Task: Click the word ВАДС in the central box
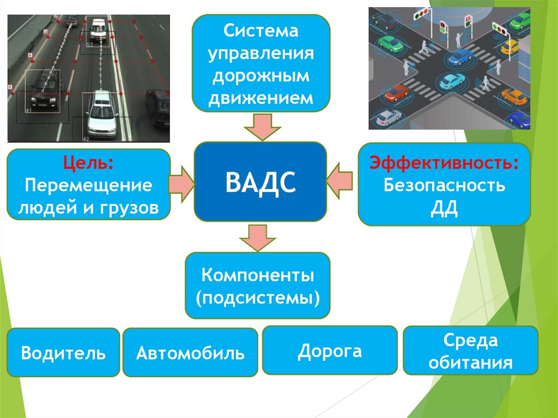click(260, 181)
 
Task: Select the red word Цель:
click(88, 163)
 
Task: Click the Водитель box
click(63, 353)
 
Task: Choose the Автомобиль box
click(190, 353)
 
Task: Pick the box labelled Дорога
click(330, 350)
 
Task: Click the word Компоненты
click(258, 275)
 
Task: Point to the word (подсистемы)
click(258, 298)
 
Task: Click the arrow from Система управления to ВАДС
click(262, 126)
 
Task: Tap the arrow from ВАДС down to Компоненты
click(258, 237)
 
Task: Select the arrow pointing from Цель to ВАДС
click(181, 182)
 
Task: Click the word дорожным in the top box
click(261, 76)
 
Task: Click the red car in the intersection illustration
click(396, 92)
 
